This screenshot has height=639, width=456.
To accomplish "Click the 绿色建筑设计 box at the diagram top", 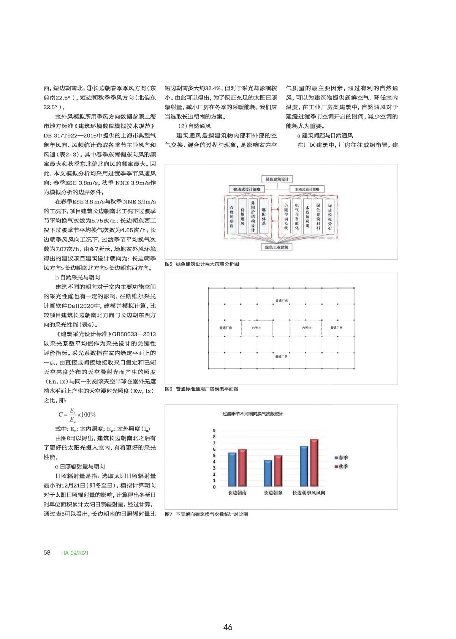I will click(277, 179).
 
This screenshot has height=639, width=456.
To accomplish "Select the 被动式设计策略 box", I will click(247, 189).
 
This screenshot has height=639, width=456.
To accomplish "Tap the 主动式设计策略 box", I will click(307, 189).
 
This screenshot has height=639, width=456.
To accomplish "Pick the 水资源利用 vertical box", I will click(307, 215).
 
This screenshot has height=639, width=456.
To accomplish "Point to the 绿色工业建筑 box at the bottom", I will click(277, 247).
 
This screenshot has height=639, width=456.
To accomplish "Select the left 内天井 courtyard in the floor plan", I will click(256, 328).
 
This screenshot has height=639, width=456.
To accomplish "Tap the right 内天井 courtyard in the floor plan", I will click(306, 328).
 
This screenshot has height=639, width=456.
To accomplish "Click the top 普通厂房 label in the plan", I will click(282, 301).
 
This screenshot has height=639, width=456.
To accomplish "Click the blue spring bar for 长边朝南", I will click(232, 469).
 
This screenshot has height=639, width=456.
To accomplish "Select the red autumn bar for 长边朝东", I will click(278, 471).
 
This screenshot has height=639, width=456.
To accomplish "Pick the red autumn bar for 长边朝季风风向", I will click(314, 463).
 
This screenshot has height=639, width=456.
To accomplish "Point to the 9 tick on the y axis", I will click(214, 431).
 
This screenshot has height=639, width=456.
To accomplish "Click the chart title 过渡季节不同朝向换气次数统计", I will click(253, 414).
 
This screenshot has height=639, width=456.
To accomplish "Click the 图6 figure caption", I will click(201, 389).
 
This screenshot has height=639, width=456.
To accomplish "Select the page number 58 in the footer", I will click(47, 553).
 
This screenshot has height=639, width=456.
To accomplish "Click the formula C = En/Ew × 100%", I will click(77, 415).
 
